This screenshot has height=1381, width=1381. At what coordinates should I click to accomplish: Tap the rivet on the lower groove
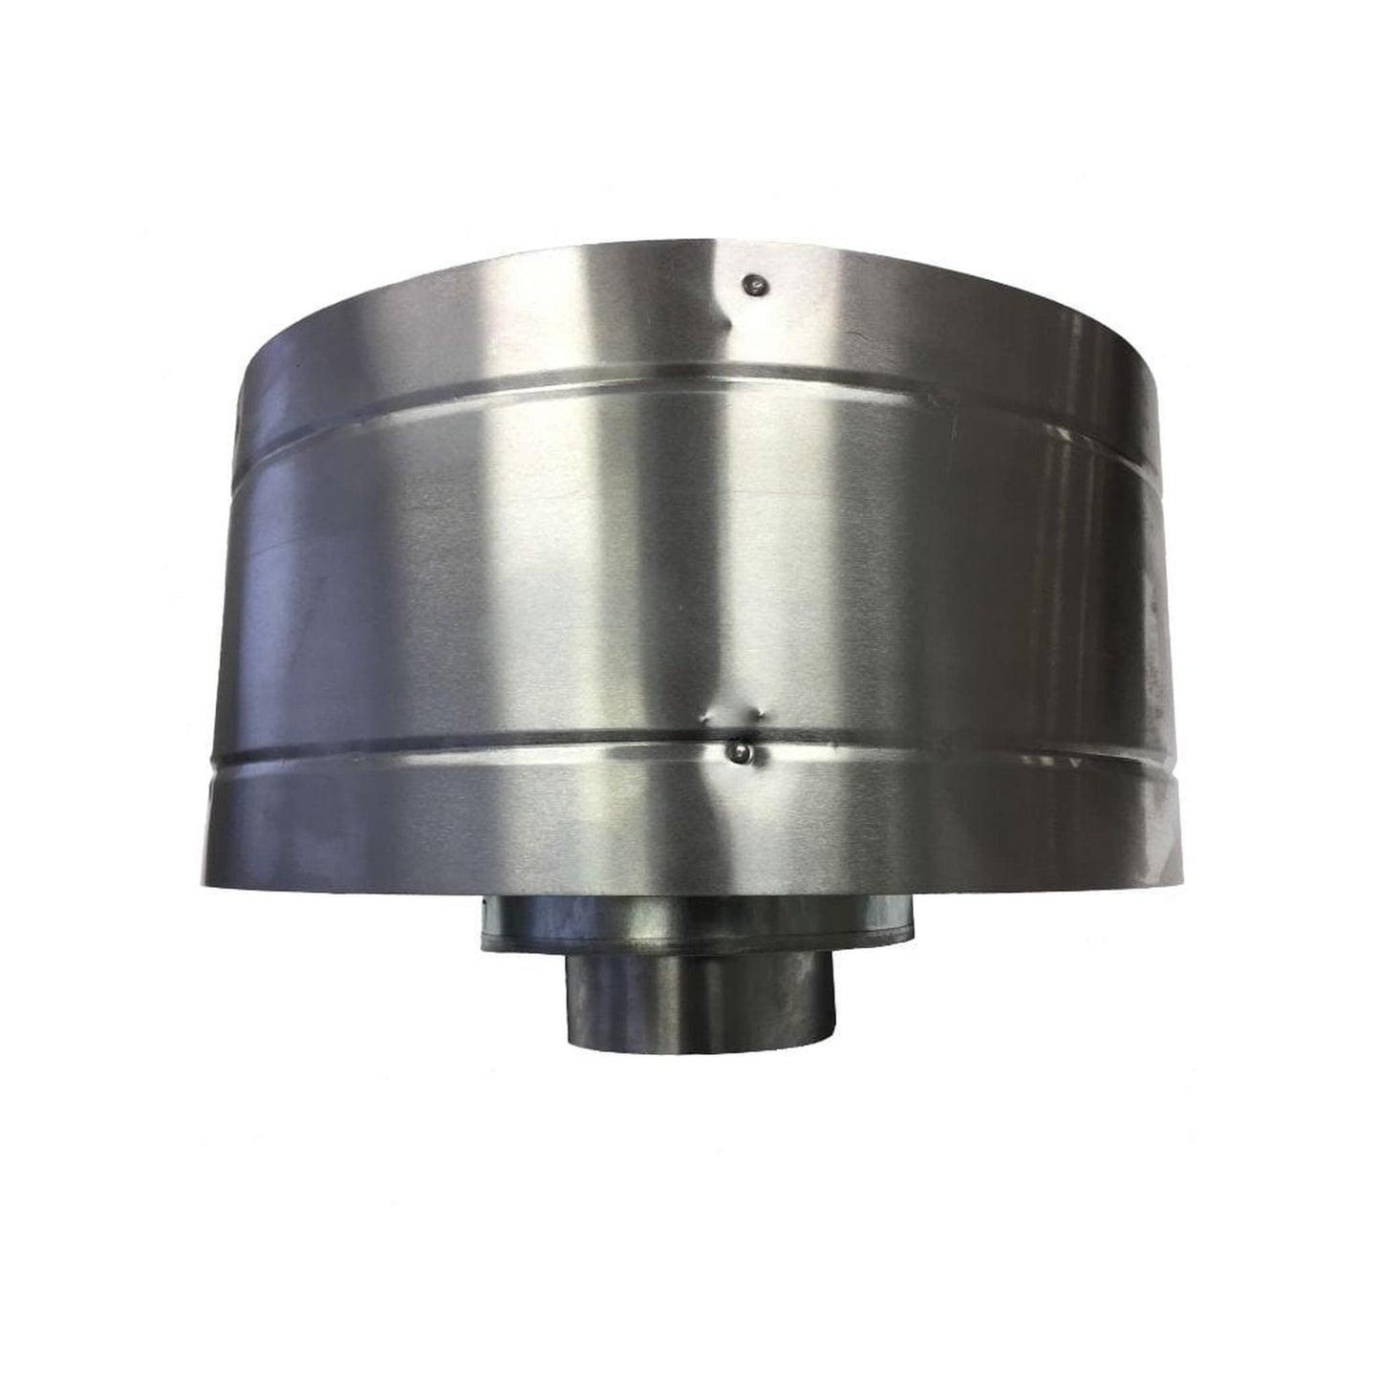click(x=739, y=754)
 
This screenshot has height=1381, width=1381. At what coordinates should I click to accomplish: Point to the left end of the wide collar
click(x=483, y=924)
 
